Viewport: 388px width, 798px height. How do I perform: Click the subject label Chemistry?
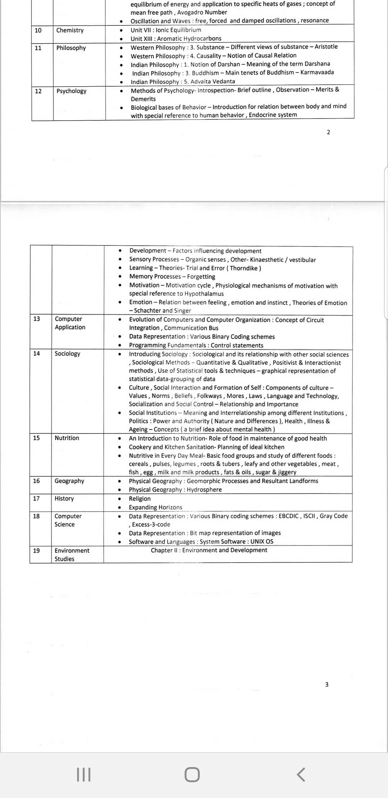click(x=70, y=30)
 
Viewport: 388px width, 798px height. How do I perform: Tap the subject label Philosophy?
click(x=71, y=48)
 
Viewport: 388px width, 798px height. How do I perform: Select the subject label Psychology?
click(x=71, y=91)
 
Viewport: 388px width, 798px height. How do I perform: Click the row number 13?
click(x=37, y=319)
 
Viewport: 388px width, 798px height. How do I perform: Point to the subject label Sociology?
click(x=67, y=354)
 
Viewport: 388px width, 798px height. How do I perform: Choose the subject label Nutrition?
click(x=67, y=438)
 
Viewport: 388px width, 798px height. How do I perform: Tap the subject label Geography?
click(x=69, y=481)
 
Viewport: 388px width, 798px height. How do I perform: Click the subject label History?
click(x=64, y=499)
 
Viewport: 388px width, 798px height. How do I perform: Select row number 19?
click(x=36, y=551)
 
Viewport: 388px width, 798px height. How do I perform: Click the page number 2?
click(x=328, y=132)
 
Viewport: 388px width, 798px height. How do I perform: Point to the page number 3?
click(x=327, y=684)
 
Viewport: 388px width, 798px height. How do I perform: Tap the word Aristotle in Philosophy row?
click(x=326, y=47)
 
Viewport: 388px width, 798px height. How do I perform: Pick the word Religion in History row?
click(x=140, y=499)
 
